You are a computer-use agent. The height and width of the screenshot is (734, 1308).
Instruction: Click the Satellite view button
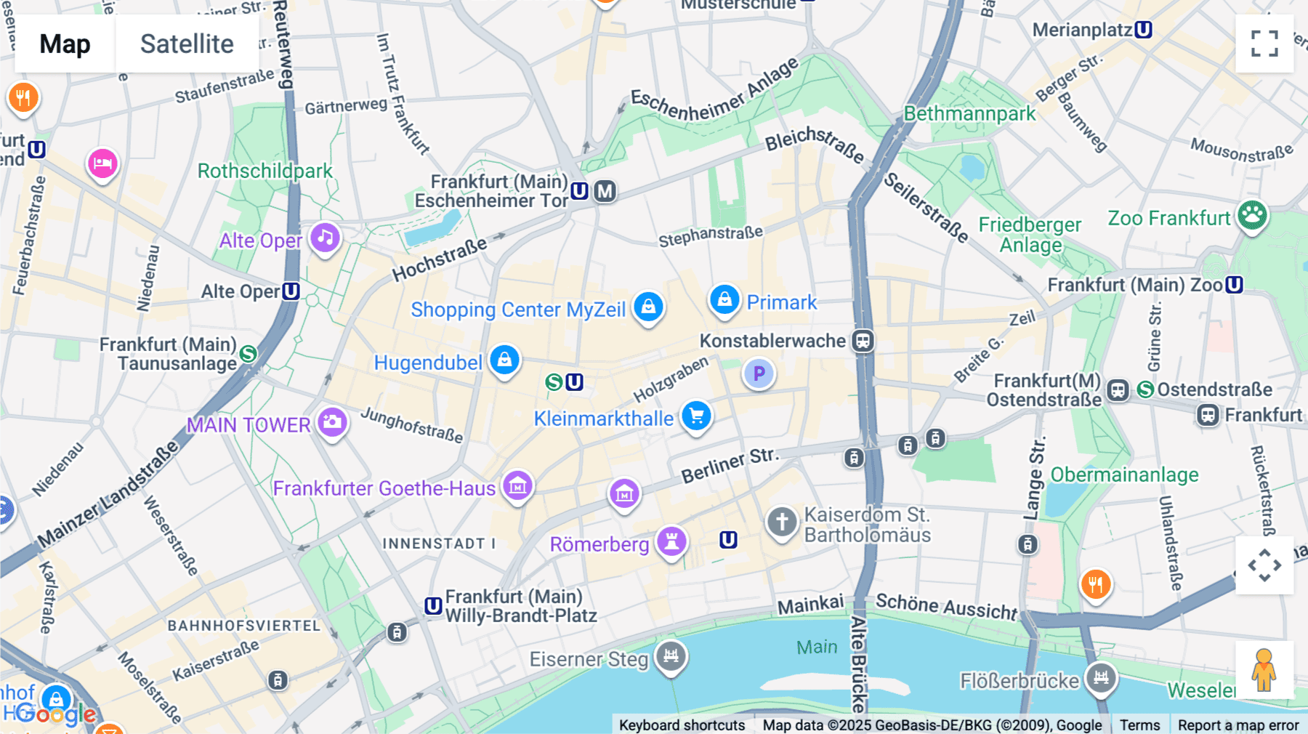tap(187, 44)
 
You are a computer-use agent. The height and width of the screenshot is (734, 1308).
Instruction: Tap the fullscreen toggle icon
tap(1264, 44)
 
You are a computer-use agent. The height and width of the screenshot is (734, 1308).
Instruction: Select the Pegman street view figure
tap(1264, 669)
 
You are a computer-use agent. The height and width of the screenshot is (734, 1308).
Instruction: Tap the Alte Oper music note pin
tap(325, 238)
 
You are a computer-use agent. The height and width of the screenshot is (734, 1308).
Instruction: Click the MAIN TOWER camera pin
tap(332, 422)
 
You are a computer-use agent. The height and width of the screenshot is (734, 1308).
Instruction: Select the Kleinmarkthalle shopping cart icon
tap(696, 416)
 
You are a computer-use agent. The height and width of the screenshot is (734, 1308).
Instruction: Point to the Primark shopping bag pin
tap(724, 299)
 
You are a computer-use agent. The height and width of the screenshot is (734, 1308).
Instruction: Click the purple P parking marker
tap(759, 374)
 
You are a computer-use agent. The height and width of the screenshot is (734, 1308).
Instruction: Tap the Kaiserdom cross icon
tap(782, 522)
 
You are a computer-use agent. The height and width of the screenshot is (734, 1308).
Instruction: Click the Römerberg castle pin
tap(671, 541)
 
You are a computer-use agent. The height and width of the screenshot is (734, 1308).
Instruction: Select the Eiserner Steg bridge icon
tap(671, 656)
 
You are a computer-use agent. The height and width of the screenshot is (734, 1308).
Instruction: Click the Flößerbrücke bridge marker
tap(1101, 678)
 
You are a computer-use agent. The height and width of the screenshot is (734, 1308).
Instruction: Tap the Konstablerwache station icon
tap(863, 340)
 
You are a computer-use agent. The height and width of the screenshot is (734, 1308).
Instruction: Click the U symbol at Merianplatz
tap(1143, 30)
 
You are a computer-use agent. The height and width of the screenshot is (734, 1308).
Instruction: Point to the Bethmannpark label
tap(969, 114)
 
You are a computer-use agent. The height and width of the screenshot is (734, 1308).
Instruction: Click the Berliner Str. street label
tap(730, 465)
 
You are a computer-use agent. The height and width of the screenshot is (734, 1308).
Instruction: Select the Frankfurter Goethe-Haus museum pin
tap(517, 485)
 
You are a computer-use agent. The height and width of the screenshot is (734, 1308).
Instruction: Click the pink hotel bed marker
tap(102, 164)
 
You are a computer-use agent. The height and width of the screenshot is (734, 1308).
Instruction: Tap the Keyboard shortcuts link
tap(682, 725)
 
